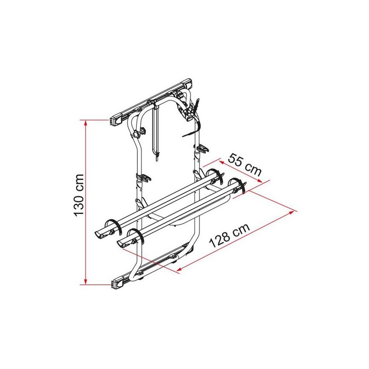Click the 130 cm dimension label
click(x=78, y=195)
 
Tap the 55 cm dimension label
click(x=245, y=165)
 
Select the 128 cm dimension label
click(x=229, y=235)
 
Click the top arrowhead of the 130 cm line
click(x=86, y=123)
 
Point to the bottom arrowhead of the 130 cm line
click(x=86, y=282)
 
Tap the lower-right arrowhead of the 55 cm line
click(x=260, y=180)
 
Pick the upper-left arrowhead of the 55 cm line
click(x=222, y=162)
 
